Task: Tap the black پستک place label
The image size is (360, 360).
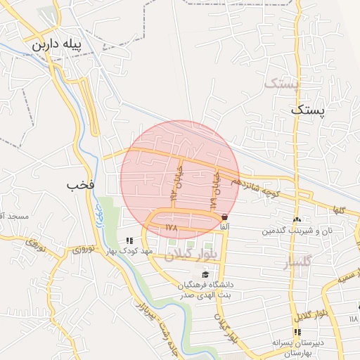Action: tap(310, 110)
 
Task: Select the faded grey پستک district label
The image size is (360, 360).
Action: tap(281, 84)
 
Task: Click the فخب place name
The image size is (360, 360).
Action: tap(80, 185)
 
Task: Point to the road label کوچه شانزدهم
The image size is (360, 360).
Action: tap(262, 188)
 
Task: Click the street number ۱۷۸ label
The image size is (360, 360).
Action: tap(172, 228)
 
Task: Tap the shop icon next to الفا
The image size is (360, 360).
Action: tap(224, 217)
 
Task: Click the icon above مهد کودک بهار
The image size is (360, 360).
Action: tap(129, 240)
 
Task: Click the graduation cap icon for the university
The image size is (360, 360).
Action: tap(205, 274)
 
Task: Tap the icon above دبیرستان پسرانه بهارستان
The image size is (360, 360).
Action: tap(296, 331)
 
